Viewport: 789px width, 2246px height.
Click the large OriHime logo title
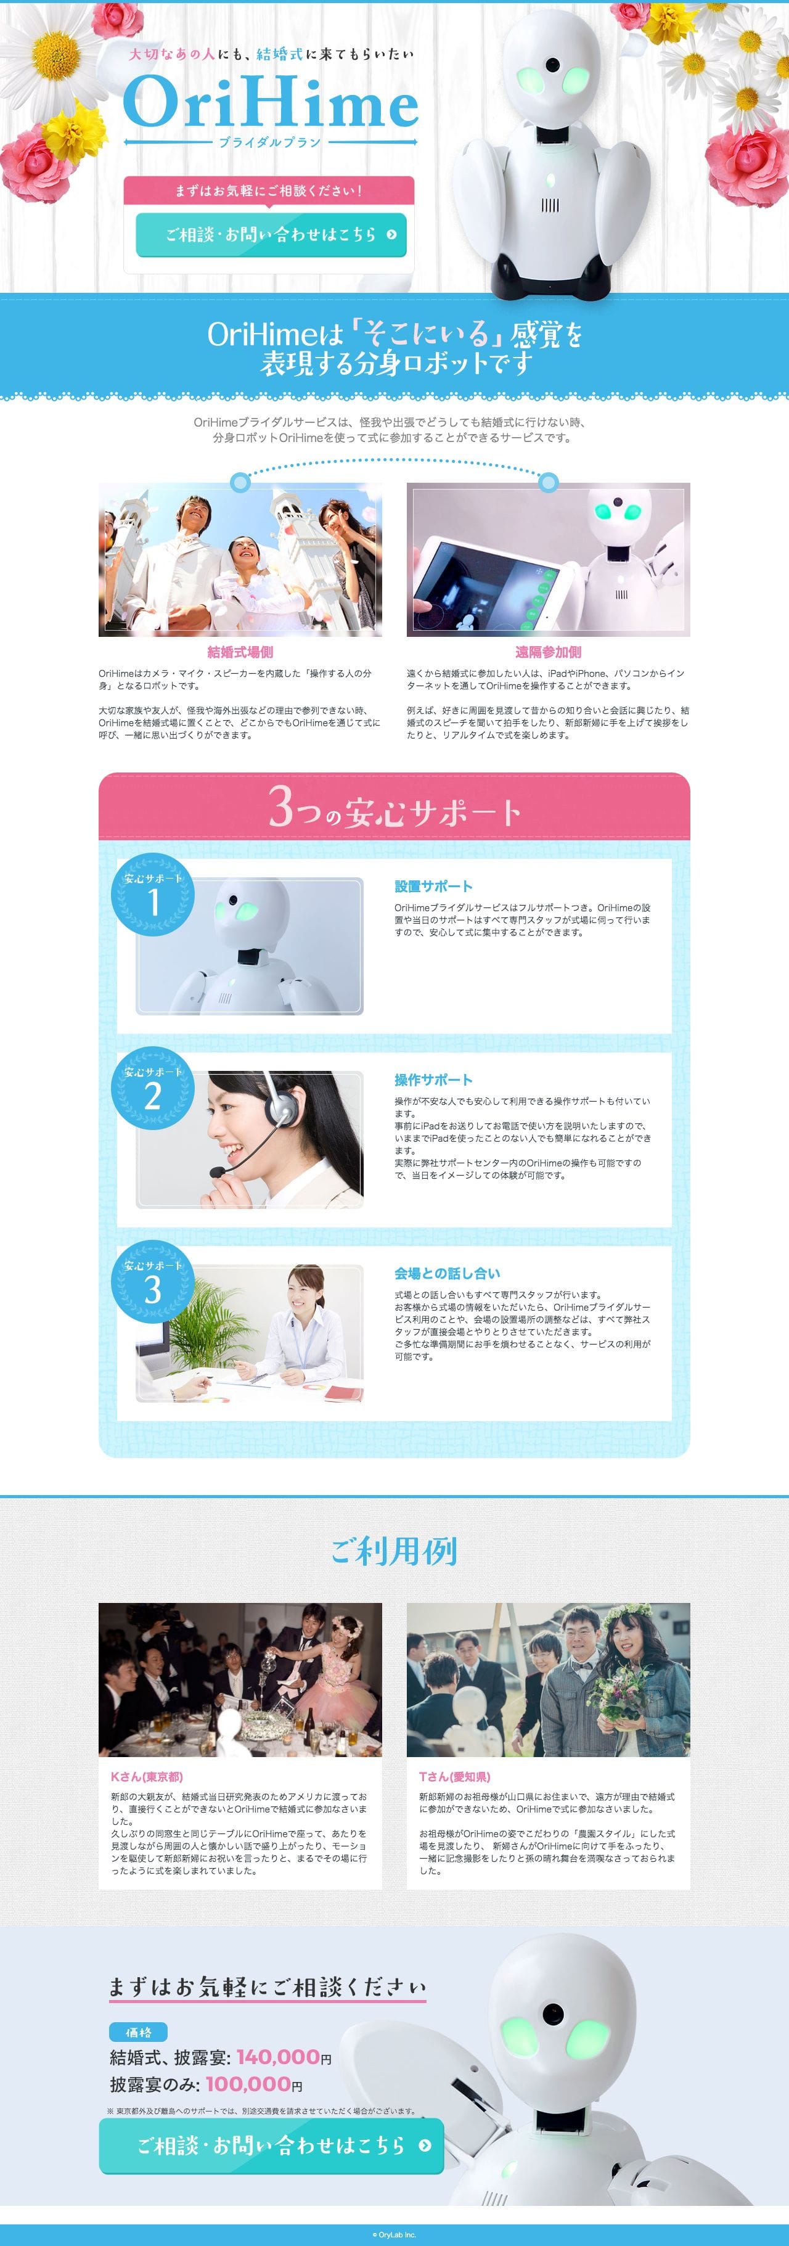click(x=271, y=103)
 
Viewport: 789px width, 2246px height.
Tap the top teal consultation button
click(x=271, y=234)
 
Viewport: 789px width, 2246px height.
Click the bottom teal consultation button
click(x=271, y=2146)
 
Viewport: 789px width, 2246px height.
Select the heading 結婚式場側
click(x=240, y=652)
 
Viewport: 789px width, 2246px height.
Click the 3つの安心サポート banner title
click(x=394, y=808)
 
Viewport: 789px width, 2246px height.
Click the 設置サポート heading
click(x=433, y=887)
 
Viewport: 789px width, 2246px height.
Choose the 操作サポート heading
click(x=433, y=1080)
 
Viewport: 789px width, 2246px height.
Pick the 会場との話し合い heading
click(x=448, y=1274)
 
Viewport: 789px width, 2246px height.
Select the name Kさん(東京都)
click(x=147, y=1777)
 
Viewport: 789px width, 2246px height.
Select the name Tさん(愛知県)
click(x=454, y=1777)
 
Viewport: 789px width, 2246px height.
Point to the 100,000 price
click(x=248, y=2084)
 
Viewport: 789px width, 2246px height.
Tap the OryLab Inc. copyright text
click(x=394, y=2235)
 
